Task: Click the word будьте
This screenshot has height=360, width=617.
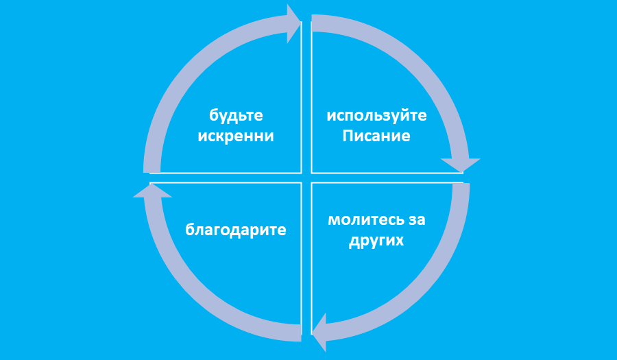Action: click(x=236, y=115)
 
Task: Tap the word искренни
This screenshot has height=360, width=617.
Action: click(x=236, y=136)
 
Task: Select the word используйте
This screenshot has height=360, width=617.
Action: click(x=376, y=115)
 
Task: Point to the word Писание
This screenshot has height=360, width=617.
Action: click(x=376, y=136)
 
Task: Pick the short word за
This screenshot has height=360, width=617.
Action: click(x=417, y=221)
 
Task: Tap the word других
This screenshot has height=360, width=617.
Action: click(x=376, y=241)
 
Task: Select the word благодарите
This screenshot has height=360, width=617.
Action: click(x=235, y=230)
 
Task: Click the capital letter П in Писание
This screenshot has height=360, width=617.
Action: click(x=347, y=136)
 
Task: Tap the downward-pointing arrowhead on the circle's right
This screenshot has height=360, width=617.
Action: click(x=460, y=165)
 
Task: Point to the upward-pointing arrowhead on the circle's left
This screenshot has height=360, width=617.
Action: click(x=149, y=190)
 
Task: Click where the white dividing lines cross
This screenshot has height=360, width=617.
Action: click(x=306, y=178)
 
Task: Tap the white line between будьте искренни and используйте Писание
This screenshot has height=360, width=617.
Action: click(x=306, y=96)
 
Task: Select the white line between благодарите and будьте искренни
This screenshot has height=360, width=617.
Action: click(x=226, y=178)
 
